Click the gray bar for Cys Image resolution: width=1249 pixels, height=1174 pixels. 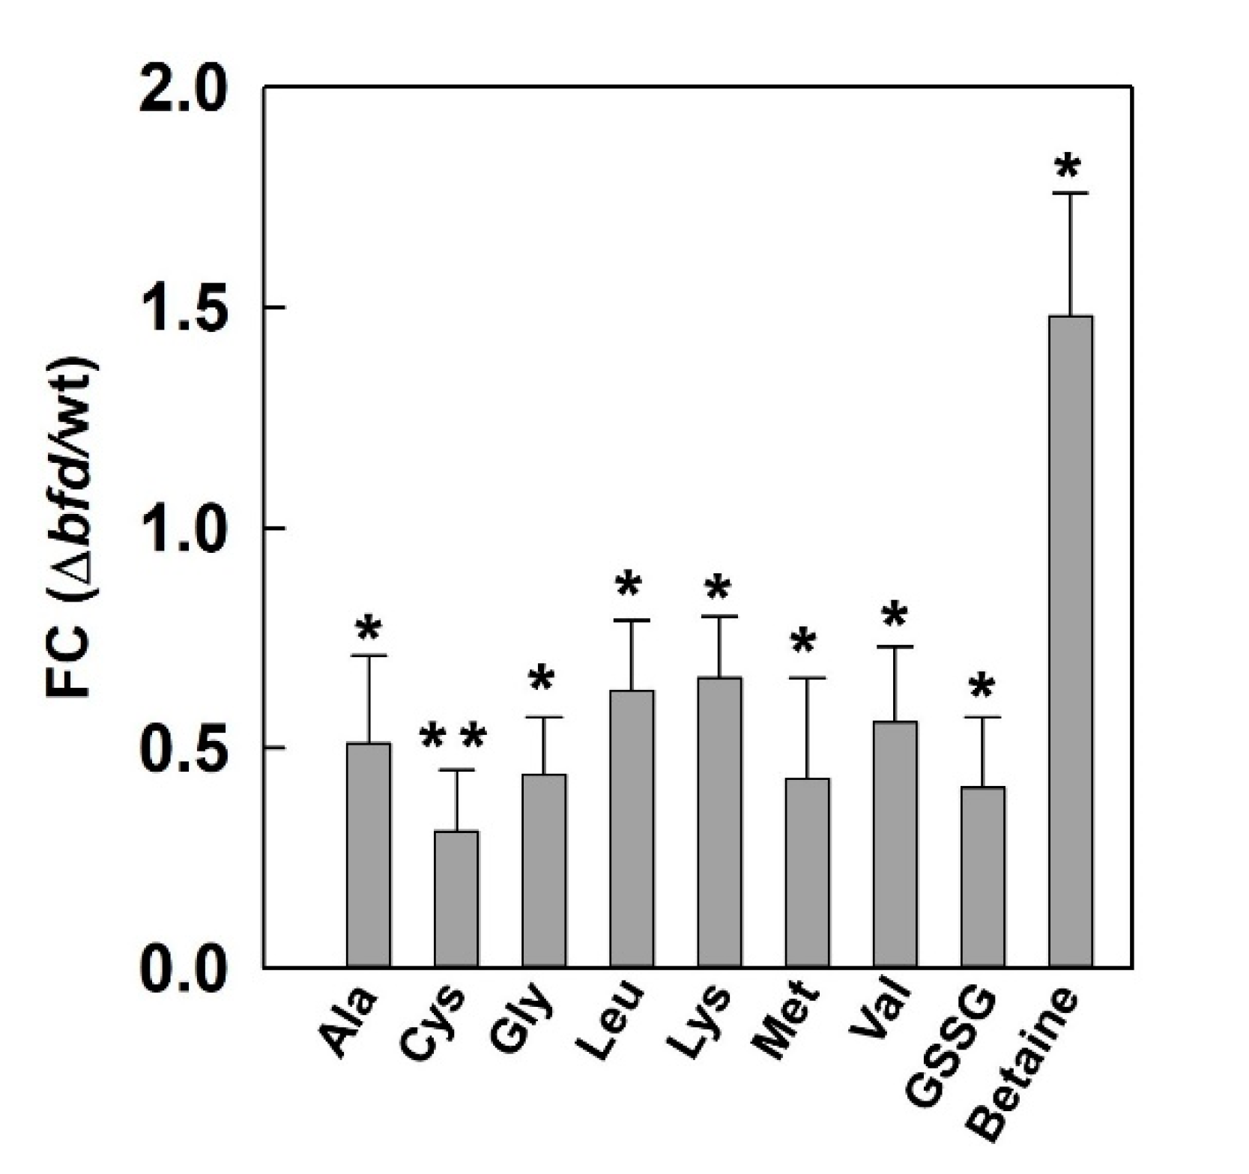pyautogui.click(x=456, y=898)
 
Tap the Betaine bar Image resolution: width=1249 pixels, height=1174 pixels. pyautogui.click(x=1071, y=641)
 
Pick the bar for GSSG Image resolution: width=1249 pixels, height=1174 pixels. pyautogui.click(x=983, y=877)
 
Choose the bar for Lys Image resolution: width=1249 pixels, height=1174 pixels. pyautogui.click(x=719, y=822)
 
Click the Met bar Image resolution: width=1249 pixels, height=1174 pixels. pyautogui.click(x=808, y=872)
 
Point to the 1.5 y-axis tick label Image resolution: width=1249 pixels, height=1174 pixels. pyautogui.click(x=185, y=308)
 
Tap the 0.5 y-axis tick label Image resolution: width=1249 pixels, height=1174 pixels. pyautogui.click(x=185, y=748)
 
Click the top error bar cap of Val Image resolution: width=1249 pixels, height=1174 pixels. pyautogui.click(x=895, y=646)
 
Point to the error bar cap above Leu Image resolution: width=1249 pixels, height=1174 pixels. pyautogui.click(x=632, y=620)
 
